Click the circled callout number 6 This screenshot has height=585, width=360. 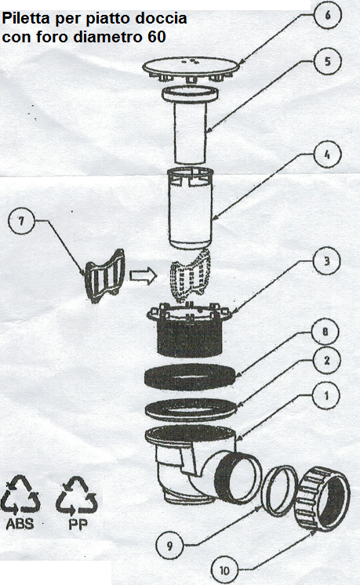coord(327,16)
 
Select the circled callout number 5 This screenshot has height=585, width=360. coord(327,61)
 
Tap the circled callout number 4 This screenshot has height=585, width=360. coord(327,154)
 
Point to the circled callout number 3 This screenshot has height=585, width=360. coord(326,260)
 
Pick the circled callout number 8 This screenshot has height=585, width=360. coord(325,331)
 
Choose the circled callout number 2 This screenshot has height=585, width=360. coord(326,361)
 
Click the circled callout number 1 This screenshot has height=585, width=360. coord(326,395)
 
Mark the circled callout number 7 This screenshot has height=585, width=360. coord(21,221)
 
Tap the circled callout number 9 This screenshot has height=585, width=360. coord(169,546)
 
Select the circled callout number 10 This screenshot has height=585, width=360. coord(224,570)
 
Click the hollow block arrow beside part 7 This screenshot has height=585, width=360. coord(144,276)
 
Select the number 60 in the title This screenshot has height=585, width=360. coord(156,37)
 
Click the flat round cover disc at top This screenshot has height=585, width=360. coord(191,67)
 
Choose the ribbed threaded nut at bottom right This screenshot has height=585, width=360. coord(323,498)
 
